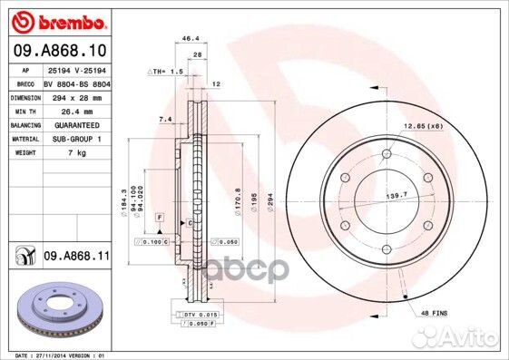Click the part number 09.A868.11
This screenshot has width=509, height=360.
click(77, 258)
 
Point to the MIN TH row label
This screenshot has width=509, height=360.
click(24, 110)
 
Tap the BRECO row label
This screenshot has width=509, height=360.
click(24, 82)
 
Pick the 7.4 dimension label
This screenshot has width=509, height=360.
click(164, 119)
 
